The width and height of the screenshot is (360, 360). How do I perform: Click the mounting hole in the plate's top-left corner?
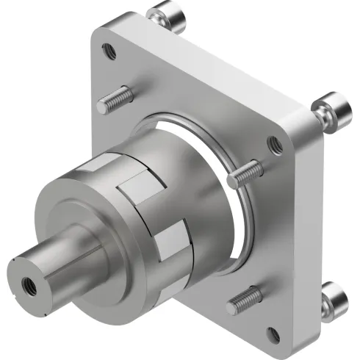(109, 51)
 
